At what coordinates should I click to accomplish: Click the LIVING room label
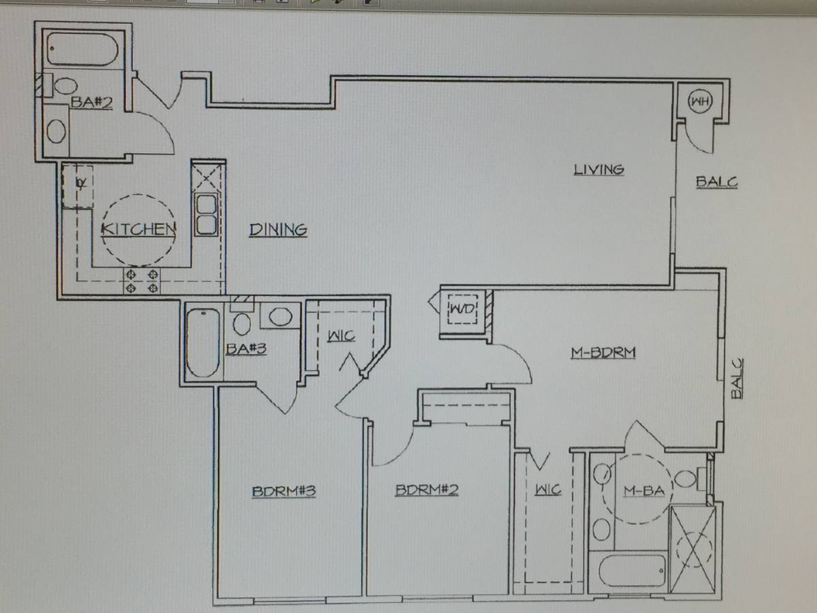pos(598,170)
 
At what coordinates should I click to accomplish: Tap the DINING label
pos(278,230)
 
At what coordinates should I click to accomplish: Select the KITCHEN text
pos(138,229)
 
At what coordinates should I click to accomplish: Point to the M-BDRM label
pos(603,352)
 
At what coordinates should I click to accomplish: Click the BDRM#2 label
pos(427,490)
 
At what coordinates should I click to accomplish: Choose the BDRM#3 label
pos(284,491)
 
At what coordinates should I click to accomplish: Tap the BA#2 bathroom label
pos(91,102)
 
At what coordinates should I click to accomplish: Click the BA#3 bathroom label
pos(246,348)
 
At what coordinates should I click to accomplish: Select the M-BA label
pos(644,491)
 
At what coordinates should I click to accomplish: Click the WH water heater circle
pos(700,101)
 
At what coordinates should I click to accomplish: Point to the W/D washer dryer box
pos(463,309)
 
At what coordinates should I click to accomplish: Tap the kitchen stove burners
pos(142,281)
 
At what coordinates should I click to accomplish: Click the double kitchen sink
pos(206,215)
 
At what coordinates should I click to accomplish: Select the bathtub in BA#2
pos(82,50)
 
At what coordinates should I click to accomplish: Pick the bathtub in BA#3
pos(203,343)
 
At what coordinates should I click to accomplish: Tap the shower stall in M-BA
pos(692,550)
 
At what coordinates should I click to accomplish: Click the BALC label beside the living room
pos(716,182)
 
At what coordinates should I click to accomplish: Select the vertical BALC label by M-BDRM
pos(737,379)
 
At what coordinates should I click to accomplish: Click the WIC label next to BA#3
pos(341,336)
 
